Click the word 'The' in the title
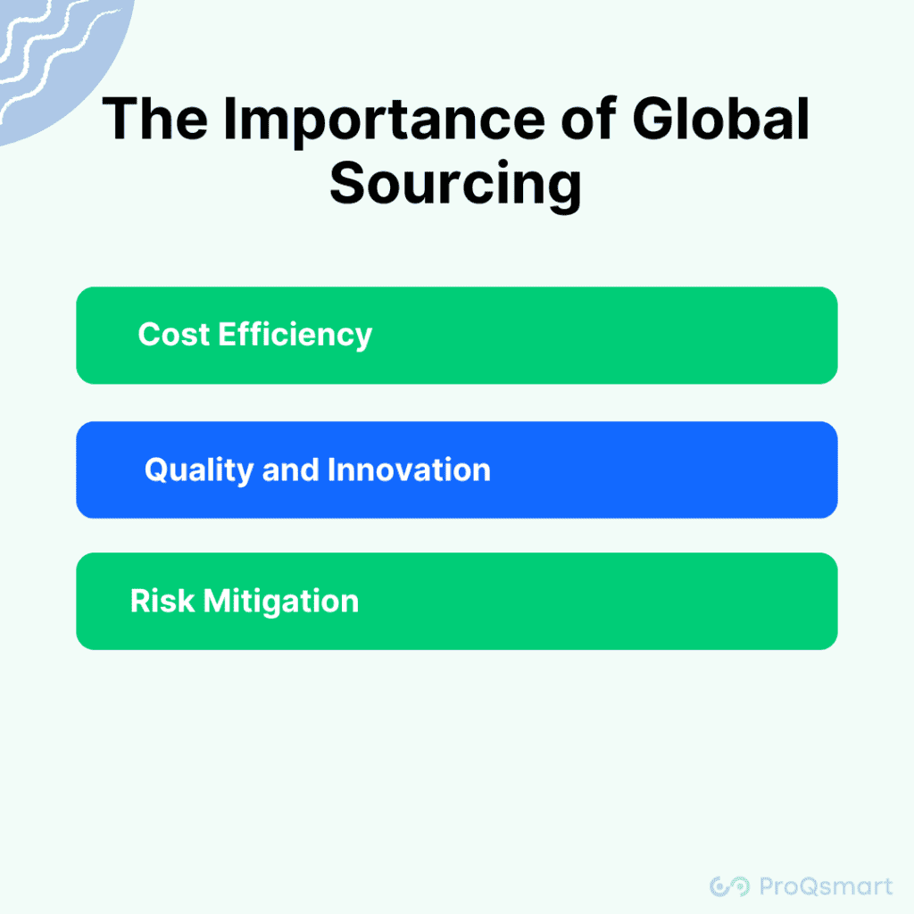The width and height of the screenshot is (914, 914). pos(155,119)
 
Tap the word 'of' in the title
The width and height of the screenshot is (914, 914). pos(588,119)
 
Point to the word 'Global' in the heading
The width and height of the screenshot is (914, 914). pos(721,119)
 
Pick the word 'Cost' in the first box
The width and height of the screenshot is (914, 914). pos(174,335)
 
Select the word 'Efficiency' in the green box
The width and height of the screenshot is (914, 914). pos(295,336)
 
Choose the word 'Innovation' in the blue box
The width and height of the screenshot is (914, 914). pos(409,469)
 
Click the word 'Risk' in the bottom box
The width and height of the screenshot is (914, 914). pos(162,601)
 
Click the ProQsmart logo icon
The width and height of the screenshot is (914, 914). pos(730,886)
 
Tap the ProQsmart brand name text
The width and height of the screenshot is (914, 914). pos(826,886)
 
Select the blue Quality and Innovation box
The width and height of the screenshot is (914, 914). pos(457,469)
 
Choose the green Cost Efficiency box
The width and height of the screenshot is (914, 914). pos(457,336)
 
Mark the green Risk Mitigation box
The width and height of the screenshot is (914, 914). pos(457,601)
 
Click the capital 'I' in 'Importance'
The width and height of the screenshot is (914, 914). pos(229,119)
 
